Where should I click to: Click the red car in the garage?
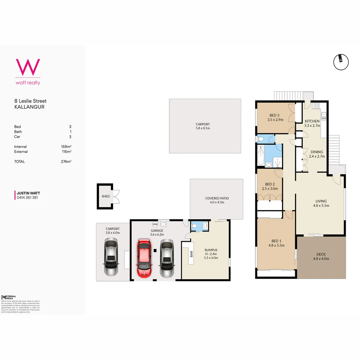click(x=144, y=258)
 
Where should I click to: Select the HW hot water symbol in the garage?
click(x=155, y=224)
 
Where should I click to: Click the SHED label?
click(x=106, y=196)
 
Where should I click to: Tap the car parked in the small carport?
click(x=111, y=258)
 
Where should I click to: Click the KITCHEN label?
click(x=312, y=121)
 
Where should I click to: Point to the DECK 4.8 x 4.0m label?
click(x=321, y=256)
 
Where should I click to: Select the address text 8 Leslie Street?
click(x=30, y=101)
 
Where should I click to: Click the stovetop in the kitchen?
click(x=316, y=106)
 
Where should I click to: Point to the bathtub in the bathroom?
click(x=261, y=156)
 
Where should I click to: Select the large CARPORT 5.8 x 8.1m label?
click(x=203, y=126)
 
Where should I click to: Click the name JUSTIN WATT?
click(x=28, y=193)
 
